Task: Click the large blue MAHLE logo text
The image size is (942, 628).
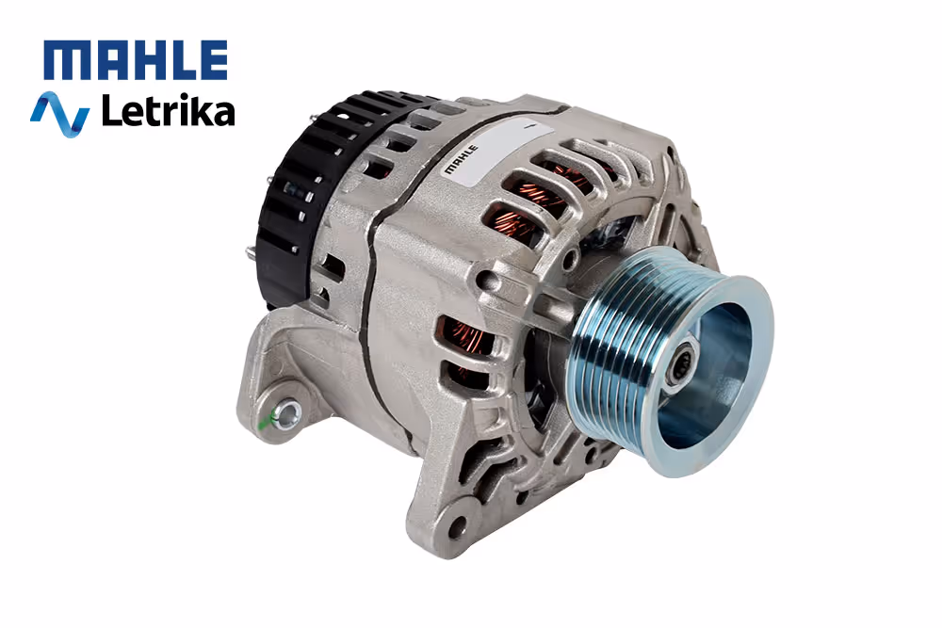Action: [x=136, y=60]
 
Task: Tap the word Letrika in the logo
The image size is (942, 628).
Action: [x=169, y=111]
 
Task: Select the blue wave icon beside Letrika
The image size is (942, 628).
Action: [x=60, y=114]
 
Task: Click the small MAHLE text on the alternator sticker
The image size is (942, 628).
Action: [x=461, y=159]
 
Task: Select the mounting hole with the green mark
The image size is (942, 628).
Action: [x=289, y=413]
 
